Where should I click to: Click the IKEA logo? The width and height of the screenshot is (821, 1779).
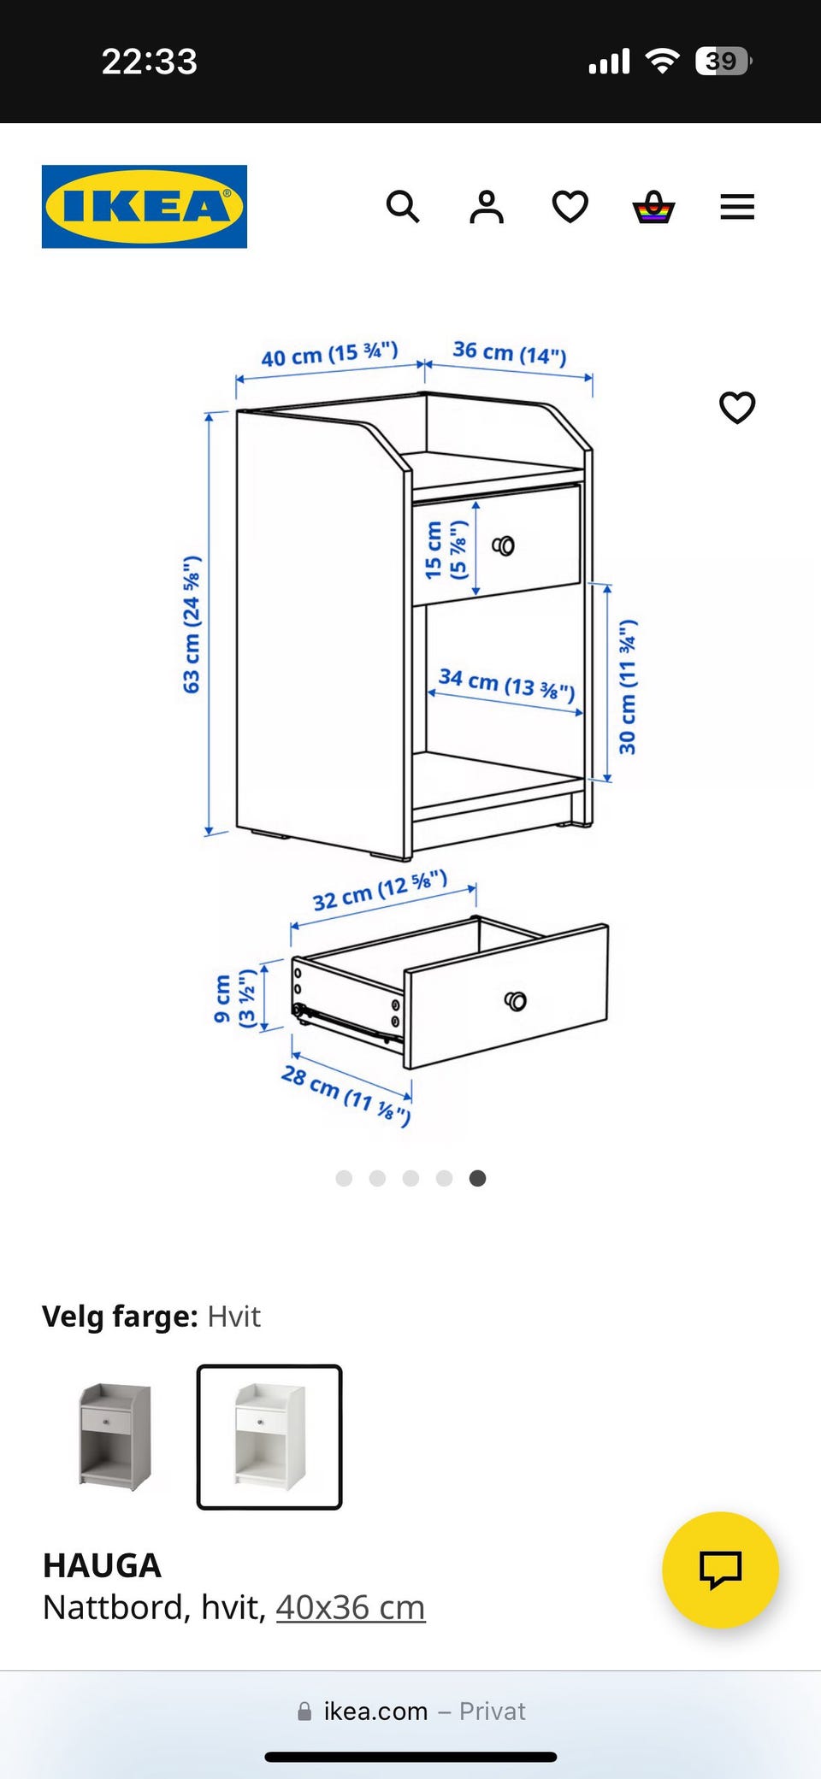point(145,207)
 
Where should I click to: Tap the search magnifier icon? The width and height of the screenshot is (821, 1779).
point(403,207)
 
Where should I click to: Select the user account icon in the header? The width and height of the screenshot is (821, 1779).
point(487,207)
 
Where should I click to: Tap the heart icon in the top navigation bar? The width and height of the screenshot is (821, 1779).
point(570,207)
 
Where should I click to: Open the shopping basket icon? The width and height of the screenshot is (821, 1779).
point(653,207)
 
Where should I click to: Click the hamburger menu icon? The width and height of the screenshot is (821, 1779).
point(737,207)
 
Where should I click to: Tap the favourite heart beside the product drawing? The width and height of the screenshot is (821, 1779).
point(737,408)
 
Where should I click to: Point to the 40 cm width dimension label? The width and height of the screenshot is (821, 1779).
point(329,354)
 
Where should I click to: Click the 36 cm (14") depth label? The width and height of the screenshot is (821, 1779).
point(510,352)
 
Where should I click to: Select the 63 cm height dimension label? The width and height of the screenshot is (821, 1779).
point(192,624)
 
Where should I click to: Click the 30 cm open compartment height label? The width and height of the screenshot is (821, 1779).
point(628,687)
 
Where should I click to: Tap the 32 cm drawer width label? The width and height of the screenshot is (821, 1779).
point(380,891)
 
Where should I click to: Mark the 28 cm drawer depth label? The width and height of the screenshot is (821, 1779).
point(346,1094)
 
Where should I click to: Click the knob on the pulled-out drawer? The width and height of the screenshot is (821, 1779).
point(516,1001)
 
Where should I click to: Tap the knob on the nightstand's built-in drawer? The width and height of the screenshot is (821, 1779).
point(504,545)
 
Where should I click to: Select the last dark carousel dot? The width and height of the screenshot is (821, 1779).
point(478,1178)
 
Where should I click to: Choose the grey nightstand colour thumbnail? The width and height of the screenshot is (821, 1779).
point(115,1437)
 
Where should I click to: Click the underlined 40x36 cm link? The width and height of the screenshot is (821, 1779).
point(351,1607)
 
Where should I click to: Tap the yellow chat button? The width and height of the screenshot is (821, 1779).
point(720,1570)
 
